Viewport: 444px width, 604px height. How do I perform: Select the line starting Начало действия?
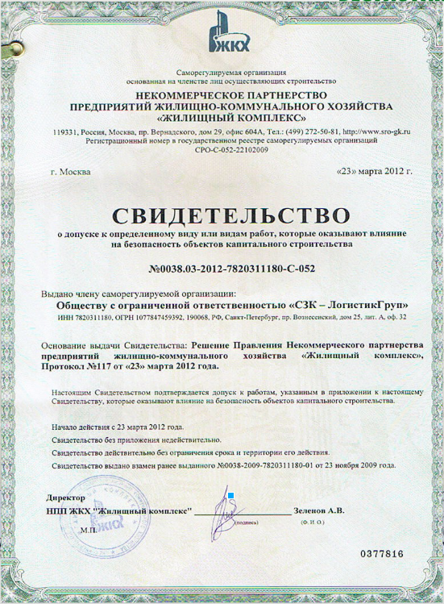coord(118,424)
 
